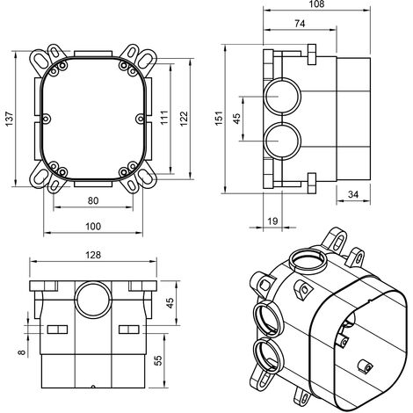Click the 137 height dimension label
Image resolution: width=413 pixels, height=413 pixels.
coord(10,119)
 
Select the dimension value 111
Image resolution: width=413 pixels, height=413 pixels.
coord(164,117)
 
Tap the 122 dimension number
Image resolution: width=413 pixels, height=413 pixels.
coord(184,119)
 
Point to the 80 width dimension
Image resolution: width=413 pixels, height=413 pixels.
coord(93,200)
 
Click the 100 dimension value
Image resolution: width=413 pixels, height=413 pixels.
coord(93,226)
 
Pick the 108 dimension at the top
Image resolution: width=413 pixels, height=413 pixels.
coord(316,4)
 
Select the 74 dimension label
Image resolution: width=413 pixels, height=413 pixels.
coord(300,24)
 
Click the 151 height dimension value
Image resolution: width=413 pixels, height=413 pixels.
coord(219,119)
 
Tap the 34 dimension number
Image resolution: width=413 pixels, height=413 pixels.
coord(353,194)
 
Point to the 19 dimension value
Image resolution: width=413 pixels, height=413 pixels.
coord(272,221)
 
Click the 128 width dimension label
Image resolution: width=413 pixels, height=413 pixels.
coord(93,255)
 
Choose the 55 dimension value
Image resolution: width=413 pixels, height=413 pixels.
coord(157,360)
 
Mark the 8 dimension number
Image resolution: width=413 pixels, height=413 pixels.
coord(22,352)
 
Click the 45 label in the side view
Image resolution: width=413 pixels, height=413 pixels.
coord(236,118)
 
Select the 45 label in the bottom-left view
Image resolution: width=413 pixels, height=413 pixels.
coord(170,303)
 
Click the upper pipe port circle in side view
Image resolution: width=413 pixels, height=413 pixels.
coord(282,79)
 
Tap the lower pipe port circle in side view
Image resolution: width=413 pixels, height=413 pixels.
coord(282,123)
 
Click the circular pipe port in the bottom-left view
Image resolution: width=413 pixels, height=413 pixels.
coord(93,283)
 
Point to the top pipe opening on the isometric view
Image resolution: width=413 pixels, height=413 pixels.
coord(308,250)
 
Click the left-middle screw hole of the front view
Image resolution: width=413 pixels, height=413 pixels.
coord(47,119)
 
